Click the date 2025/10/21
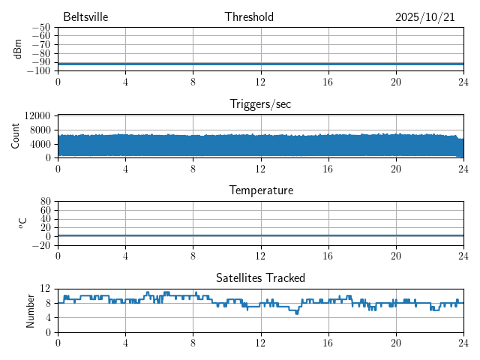[425, 17]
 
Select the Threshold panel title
[249, 17]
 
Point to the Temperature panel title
[260, 190]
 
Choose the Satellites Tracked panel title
[260, 277]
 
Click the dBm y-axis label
[18, 49]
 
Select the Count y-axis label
[15, 136]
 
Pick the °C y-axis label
[22, 223]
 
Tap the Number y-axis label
[30, 310]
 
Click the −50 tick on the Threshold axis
[40, 28]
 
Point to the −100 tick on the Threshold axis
[38, 71]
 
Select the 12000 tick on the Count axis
[37, 115]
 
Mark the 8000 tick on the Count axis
[40, 130]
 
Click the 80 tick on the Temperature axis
[46, 202]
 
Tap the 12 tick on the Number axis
[46, 289]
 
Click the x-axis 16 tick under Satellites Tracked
[328, 343]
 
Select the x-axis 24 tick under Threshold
[463, 82]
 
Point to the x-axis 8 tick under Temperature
[193, 256]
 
